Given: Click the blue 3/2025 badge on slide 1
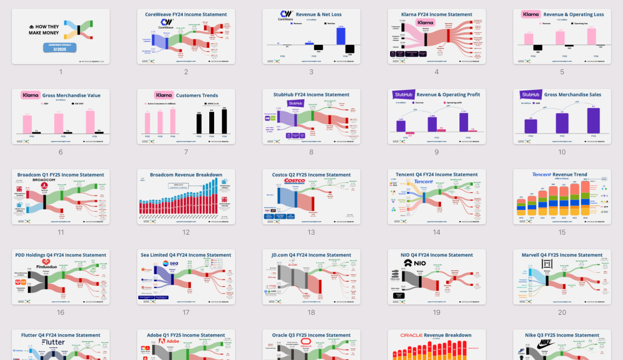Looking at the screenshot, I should pos(60,48).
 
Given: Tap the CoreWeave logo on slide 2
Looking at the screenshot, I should pos(166,23).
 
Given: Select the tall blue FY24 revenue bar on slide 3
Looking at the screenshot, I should pos(340,36).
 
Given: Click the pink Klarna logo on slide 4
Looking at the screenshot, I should pos(425,23).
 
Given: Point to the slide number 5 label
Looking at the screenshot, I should pos(562,72).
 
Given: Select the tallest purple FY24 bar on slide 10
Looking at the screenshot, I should pos(593,121).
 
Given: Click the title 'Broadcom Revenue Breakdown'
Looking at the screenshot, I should pos(186,175).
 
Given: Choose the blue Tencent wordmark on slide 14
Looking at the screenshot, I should pos(423,182).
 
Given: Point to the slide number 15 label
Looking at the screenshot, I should pos(562,232).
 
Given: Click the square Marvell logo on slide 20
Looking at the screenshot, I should pos(547,263).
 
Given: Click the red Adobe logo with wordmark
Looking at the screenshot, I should pos(170,342).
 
